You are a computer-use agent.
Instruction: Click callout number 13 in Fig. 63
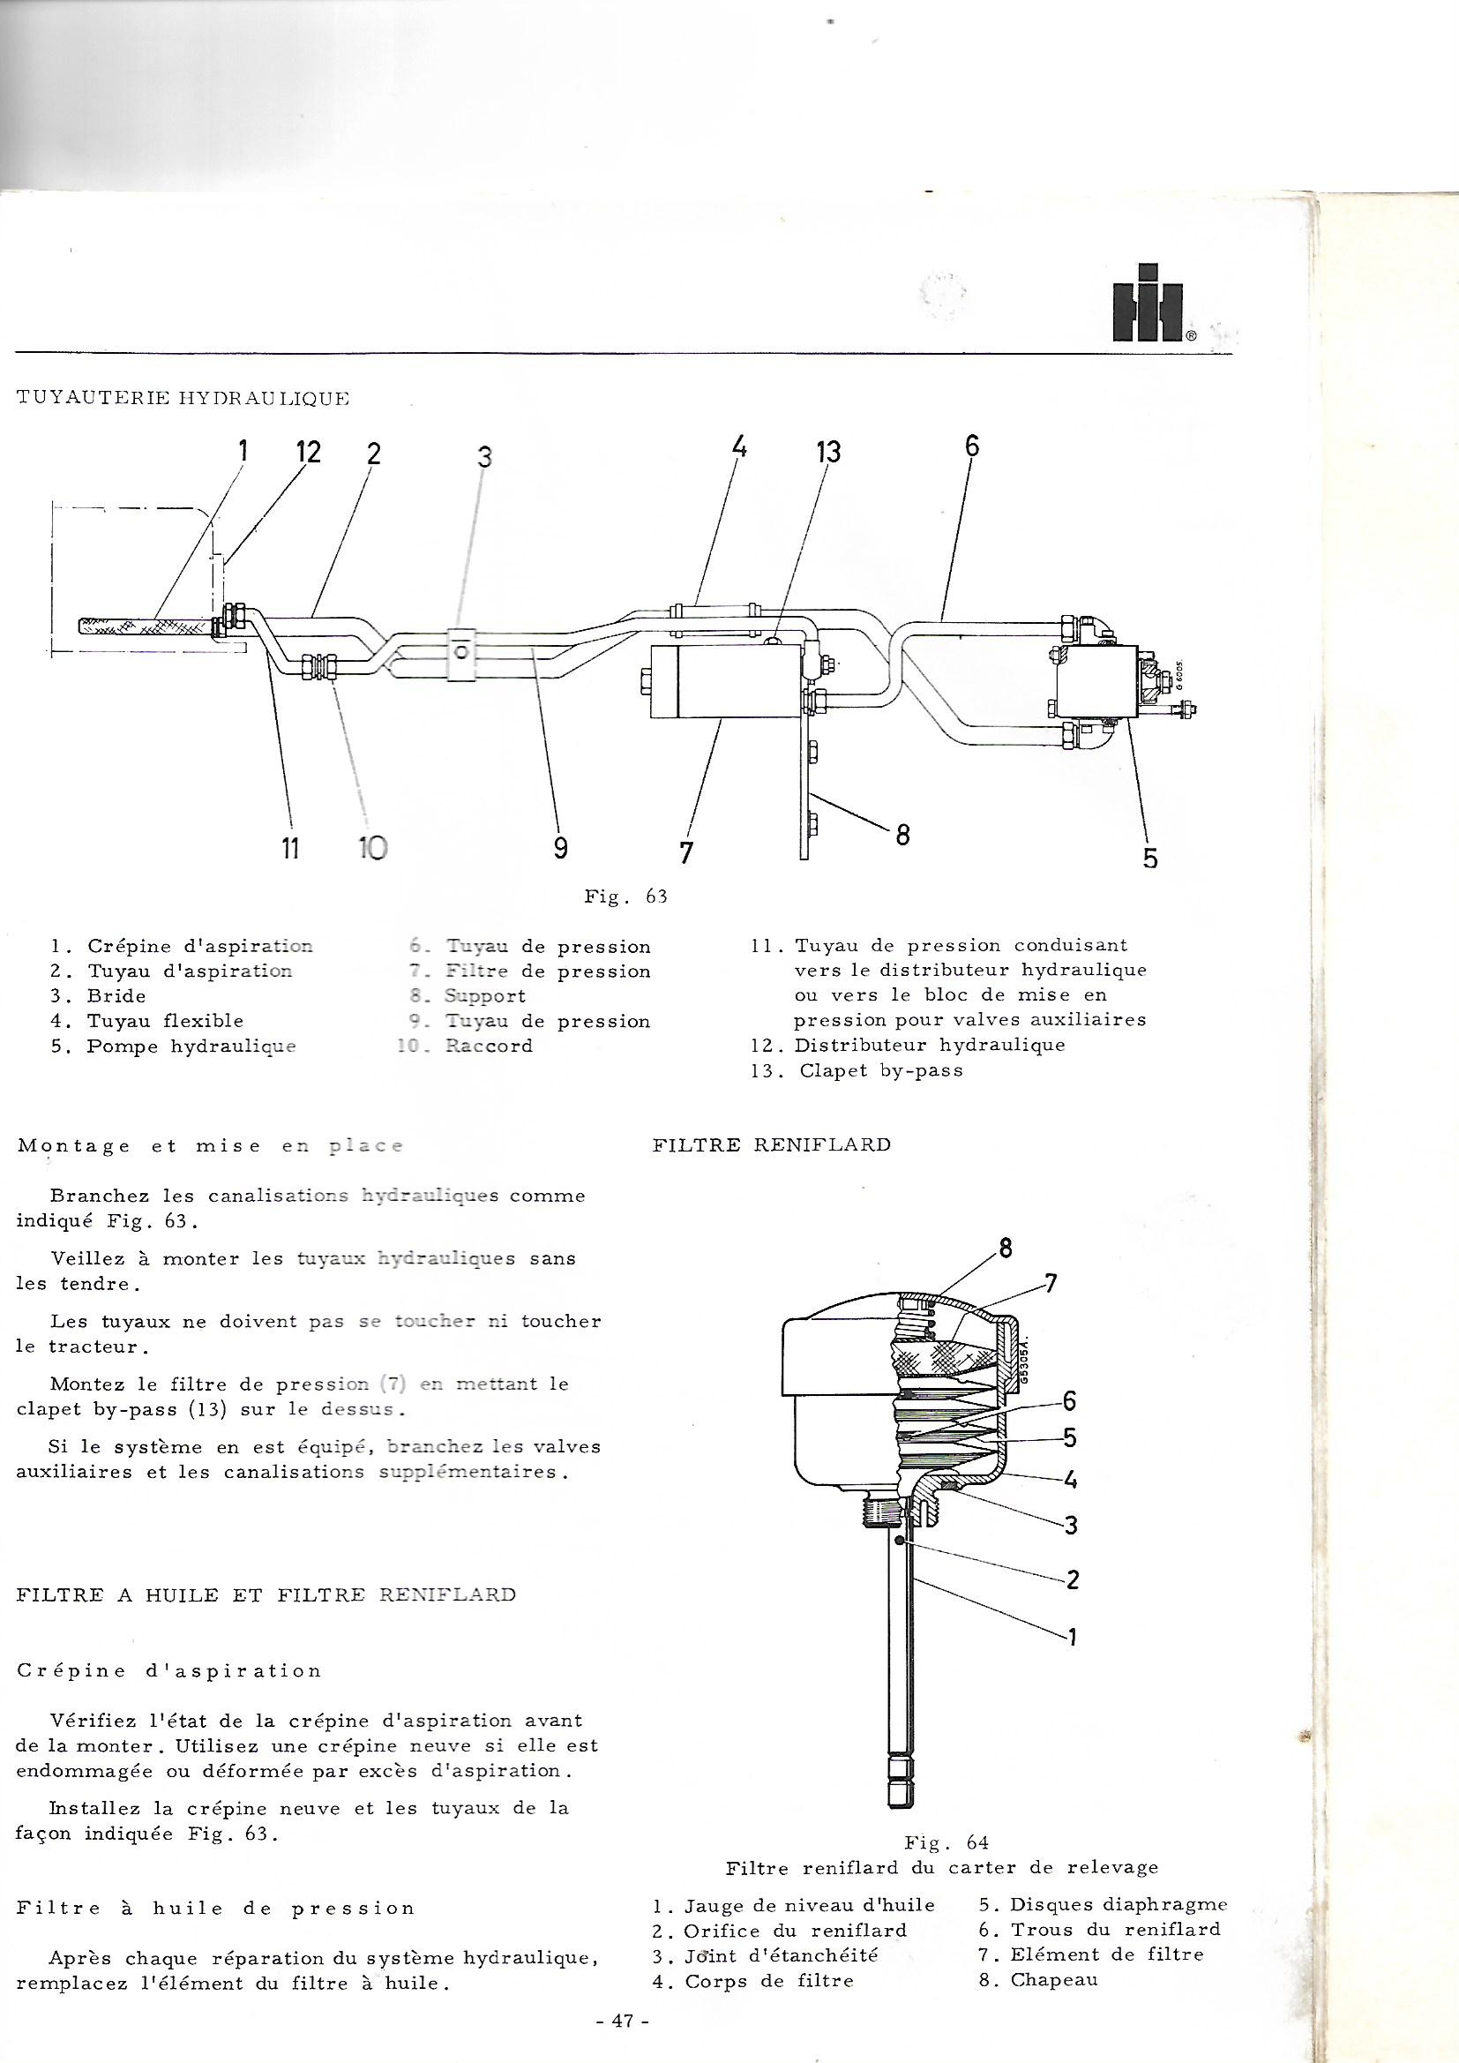[827, 452]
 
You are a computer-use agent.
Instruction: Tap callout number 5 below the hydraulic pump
[1150, 859]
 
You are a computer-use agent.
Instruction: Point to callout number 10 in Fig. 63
[372, 847]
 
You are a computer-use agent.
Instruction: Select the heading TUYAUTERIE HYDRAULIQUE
[183, 399]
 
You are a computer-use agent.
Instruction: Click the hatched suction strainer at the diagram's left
[144, 625]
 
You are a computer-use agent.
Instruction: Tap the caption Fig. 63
[625, 896]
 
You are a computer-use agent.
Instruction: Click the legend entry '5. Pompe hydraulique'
[174, 1046]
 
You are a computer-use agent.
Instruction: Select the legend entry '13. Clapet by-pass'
[857, 1070]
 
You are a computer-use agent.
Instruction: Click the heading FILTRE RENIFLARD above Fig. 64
[771, 1144]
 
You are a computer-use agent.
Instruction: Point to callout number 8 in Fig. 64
[1006, 1248]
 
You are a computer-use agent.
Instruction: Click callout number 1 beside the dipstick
[1071, 1636]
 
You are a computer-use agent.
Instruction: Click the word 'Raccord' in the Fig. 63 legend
[489, 1046]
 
